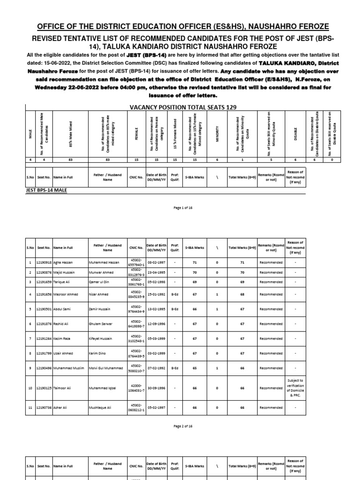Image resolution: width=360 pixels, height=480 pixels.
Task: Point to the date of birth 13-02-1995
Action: [156, 310]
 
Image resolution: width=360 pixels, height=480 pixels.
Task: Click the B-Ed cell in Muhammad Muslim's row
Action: [175, 368]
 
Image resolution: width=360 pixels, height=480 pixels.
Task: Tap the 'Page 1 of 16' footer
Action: [180, 207]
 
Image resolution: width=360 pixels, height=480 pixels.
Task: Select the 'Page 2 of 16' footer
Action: [180, 426]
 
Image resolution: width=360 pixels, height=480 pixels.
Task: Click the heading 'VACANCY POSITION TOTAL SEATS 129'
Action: [180, 107]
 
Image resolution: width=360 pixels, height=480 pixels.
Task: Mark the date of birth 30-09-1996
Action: [156, 388]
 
